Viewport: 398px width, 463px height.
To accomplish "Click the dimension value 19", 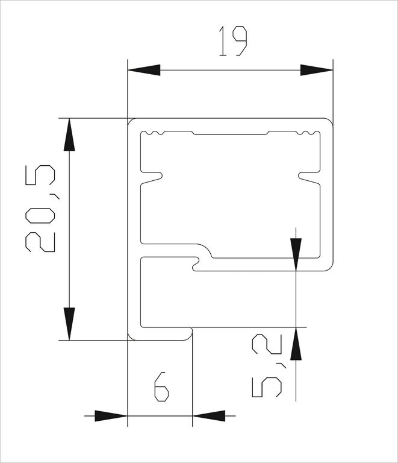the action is click(x=232, y=41).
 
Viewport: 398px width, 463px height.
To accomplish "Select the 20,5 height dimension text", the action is click(x=40, y=209).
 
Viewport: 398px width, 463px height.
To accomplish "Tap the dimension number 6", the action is click(x=161, y=386).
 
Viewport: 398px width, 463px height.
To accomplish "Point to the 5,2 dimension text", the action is click(x=267, y=365).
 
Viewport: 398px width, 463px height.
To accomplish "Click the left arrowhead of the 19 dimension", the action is click(x=144, y=71).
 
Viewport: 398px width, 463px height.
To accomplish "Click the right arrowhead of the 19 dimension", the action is click(x=317, y=71).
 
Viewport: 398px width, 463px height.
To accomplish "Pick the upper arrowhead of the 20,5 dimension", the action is click(x=69, y=134).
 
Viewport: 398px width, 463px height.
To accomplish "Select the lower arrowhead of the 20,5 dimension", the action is click(x=69, y=324).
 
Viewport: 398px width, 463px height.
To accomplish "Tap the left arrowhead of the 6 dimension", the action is click(x=111, y=416).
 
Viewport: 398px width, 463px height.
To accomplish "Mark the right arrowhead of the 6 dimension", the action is click(x=209, y=416).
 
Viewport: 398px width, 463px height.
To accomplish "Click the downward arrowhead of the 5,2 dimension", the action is click(x=296, y=254).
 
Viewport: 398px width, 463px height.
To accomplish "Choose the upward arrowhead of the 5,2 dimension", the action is click(x=296, y=344).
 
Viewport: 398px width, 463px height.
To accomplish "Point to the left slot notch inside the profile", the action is click(x=152, y=177).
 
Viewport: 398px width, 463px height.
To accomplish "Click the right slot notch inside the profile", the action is click(x=309, y=177).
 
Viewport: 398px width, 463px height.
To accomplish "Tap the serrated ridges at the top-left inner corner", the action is click(x=154, y=133).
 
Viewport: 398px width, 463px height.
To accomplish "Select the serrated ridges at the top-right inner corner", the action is click(x=308, y=133).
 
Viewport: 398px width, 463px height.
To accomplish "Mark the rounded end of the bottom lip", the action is click(x=189, y=334).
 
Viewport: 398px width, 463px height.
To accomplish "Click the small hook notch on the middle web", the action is click(x=196, y=264).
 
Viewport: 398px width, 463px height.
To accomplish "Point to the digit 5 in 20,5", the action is click(x=40, y=175).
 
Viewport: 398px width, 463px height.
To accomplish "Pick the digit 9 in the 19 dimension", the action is click(x=240, y=41).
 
